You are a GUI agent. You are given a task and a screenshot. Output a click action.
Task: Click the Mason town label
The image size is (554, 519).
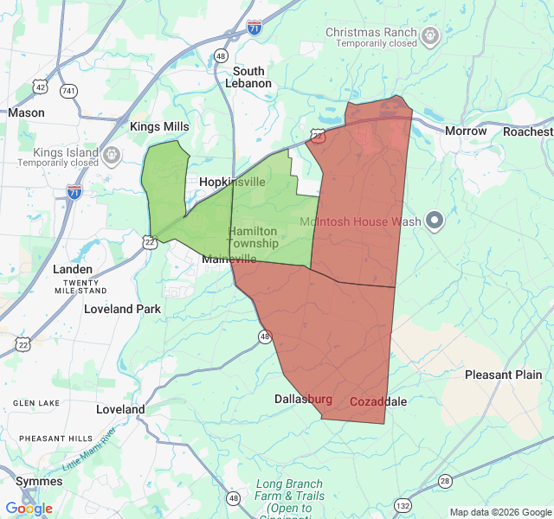pyautogui.click(x=26, y=112)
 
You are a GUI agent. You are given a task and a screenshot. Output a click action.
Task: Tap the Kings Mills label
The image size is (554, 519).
pyautogui.click(x=159, y=127)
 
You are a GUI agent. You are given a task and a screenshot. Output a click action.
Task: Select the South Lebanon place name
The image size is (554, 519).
pyautogui.click(x=248, y=77)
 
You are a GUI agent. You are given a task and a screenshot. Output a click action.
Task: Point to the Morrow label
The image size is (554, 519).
pyautogui.click(x=466, y=131)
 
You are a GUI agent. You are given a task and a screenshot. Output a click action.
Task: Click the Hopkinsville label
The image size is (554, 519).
pyautogui.click(x=232, y=182)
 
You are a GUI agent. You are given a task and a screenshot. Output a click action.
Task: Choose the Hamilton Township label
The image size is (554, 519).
pyautogui.click(x=253, y=238)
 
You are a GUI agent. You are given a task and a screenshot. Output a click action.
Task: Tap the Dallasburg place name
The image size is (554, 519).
pyautogui.click(x=303, y=399)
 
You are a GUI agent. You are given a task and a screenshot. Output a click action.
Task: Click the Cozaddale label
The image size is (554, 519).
pyautogui.click(x=378, y=401)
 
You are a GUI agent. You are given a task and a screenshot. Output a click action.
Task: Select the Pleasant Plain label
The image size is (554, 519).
pyautogui.click(x=504, y=375)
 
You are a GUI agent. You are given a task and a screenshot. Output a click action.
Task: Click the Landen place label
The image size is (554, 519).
pyautogui.click(x=73, y=269)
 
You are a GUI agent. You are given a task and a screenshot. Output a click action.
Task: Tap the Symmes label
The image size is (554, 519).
pyautogui.click(x=39, y=480)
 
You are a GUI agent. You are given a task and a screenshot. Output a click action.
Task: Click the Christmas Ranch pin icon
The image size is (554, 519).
pyautogui.click(x=431, y=36)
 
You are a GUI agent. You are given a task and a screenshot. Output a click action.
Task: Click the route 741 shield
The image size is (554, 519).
pyautogui.click(x=69, y=90)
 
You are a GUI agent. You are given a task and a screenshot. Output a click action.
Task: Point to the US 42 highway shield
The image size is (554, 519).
pyautogui.click(x=41, y=86)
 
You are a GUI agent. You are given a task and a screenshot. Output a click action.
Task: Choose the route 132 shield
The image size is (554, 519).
pyautogui.click(x=403, y=504)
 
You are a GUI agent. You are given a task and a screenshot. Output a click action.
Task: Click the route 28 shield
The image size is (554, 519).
pyautogui.click(x=445, y=481)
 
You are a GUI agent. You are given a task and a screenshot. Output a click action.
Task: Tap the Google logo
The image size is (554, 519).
pyautogui.click(x=29, y=509)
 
